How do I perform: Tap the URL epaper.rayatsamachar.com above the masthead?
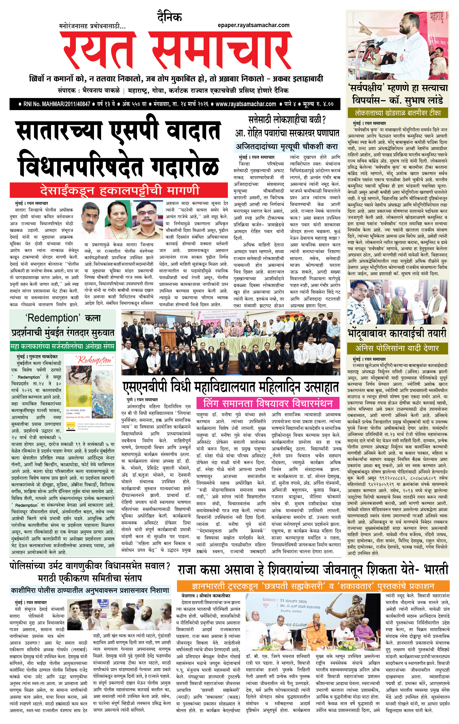point(254,25)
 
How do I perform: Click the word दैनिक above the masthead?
point(169,17)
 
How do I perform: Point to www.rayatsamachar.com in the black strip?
point(246,104)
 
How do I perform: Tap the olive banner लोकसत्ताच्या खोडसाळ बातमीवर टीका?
point(398,113)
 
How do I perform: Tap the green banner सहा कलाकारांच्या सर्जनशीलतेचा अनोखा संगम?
point(62,346)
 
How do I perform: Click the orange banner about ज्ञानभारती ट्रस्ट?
point(313,586)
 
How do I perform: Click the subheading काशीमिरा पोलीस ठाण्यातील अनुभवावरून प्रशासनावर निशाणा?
point(90,590)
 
